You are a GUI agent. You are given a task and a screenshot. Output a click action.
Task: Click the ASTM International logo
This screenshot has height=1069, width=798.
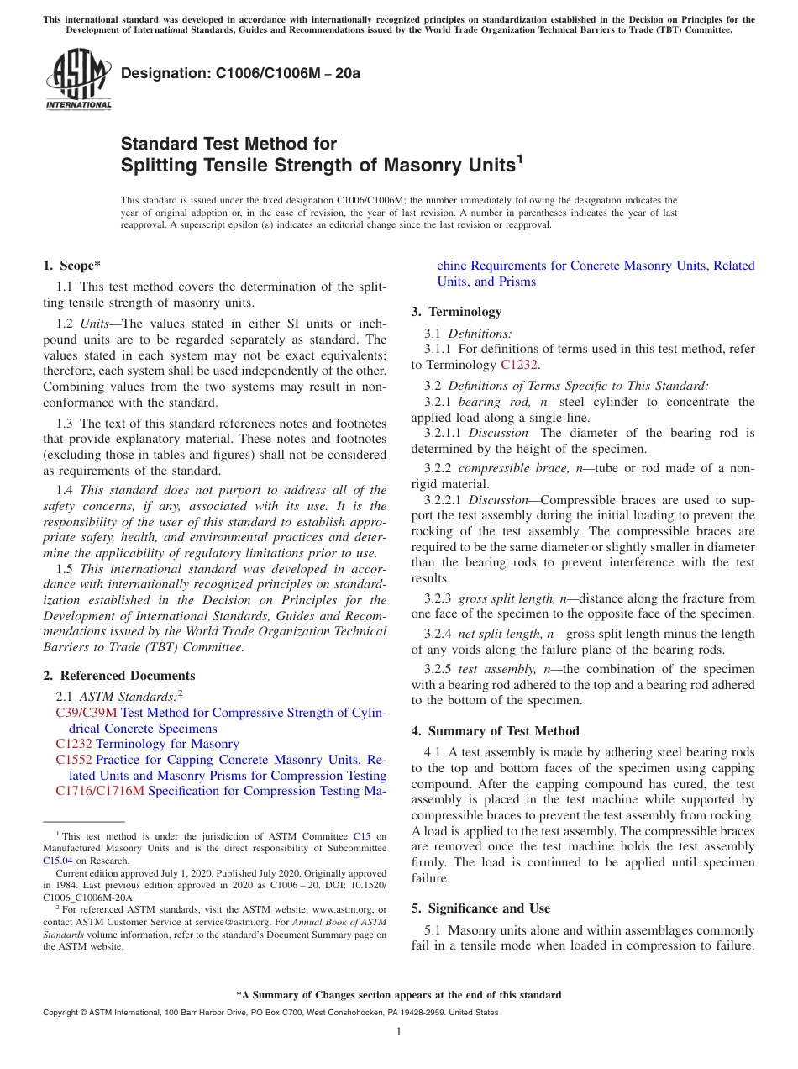coord(78,80)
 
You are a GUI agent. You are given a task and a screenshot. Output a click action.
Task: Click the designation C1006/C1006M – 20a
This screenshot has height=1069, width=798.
coord(240,74)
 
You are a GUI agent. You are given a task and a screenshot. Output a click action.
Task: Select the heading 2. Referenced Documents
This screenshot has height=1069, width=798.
coord(118,676)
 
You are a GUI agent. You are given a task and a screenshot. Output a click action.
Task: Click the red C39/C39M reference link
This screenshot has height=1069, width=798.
coord(87,713)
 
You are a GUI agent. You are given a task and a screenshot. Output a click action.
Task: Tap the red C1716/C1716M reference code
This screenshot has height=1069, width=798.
coord(100,791)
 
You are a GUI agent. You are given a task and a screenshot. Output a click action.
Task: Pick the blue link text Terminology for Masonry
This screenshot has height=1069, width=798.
coord(167,744)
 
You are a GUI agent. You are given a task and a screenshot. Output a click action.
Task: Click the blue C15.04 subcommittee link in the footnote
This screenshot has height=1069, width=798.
coord(58,861)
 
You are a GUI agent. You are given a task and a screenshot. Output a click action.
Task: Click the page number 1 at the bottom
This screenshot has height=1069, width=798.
coord(399,1031)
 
